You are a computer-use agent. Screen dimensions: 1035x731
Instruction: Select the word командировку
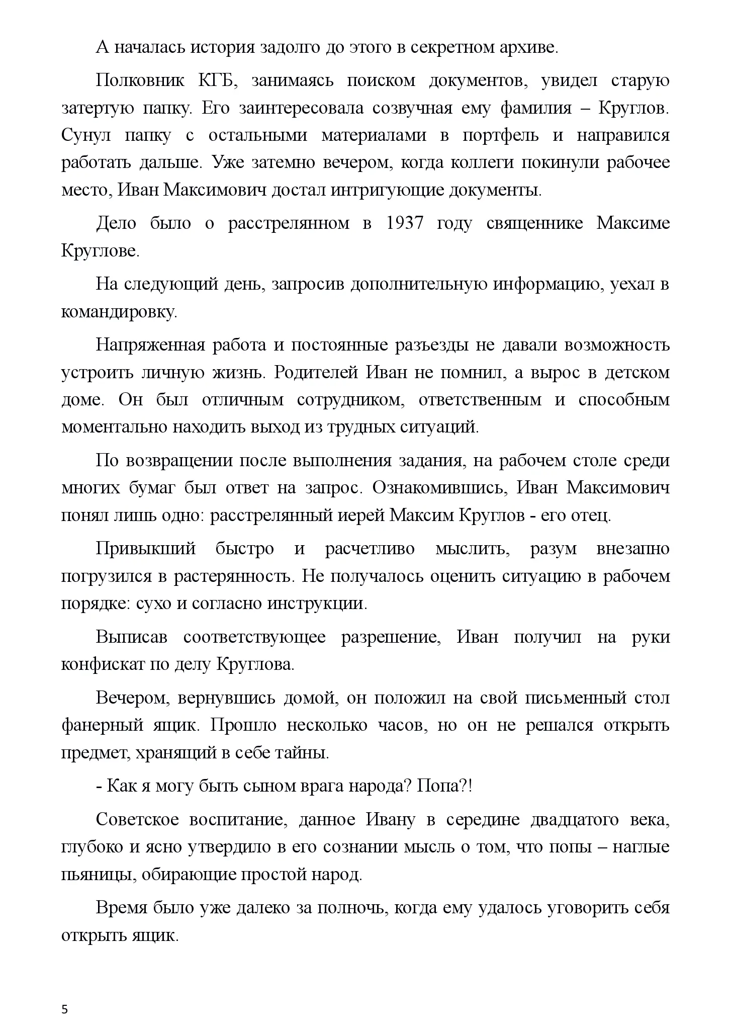click(x=119, y=312)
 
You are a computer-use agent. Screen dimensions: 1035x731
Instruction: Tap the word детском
click(x=636, y=373)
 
